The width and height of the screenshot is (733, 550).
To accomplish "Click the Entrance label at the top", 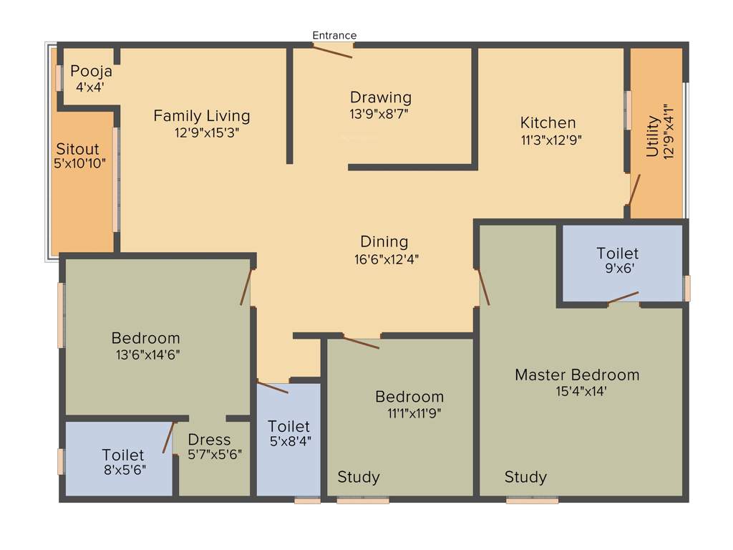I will (x=334, y=35).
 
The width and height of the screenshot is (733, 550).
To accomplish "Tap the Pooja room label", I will (x=91, y=72).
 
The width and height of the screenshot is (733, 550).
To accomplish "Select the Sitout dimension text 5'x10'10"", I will (x=79, y=163).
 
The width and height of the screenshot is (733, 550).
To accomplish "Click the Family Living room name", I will (x=202, y=115).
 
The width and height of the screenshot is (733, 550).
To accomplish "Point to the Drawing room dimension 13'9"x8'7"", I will (x=379, y=112).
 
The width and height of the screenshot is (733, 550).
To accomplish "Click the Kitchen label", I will (x=548, y=122).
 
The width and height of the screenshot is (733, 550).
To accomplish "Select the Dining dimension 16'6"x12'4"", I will (x=384, y=259).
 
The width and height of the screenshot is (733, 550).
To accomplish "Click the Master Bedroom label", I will (x=577, y=375).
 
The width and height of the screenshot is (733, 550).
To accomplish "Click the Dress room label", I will (x=209, y=439).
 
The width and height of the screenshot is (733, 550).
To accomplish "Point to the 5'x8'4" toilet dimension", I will (x=289, y=441).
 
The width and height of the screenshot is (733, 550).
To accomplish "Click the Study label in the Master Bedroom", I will (x=525, y=477).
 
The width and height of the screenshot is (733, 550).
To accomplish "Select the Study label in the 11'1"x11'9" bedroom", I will (x=359, y=477).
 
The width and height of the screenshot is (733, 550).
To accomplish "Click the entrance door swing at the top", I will (x=334, y=51).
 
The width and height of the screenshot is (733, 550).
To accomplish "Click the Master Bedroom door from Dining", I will (x=484, y=286).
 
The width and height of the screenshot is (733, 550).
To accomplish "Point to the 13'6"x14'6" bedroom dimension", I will (x=145, y=354).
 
